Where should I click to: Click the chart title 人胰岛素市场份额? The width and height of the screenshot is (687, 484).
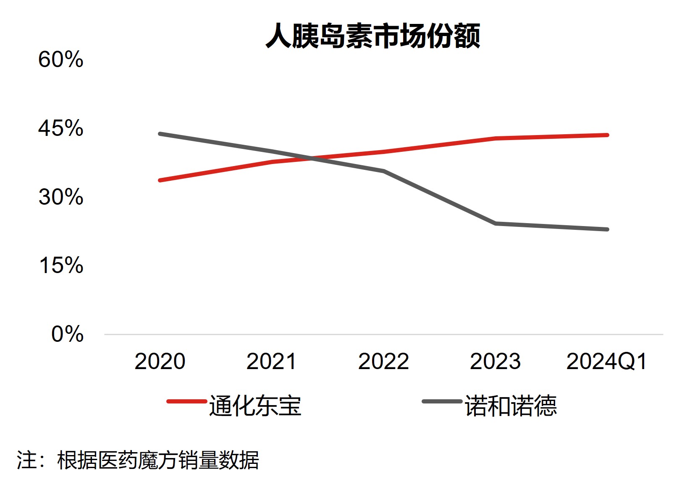pos(372,36)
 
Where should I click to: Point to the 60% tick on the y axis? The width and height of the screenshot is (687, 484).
pos(61,60)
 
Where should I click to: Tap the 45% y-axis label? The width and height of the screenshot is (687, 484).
pos(61,128)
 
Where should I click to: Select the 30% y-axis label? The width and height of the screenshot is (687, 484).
pos(61,197)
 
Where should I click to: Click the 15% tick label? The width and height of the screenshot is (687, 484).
pos(61,266)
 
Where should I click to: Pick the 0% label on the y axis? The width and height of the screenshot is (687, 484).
pos(67,335)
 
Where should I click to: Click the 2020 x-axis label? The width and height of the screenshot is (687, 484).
pos(160,362)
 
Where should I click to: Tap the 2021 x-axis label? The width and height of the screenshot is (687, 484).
pos(271,362)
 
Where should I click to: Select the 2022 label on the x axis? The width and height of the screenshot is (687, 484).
pos(383,362)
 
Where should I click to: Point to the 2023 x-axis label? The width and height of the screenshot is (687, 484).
pos(495,362)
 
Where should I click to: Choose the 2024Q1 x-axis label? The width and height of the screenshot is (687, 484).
pos(606,362)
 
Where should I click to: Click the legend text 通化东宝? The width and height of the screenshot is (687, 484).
pos(255,406)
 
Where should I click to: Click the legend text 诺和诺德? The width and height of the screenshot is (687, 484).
pos(511,406)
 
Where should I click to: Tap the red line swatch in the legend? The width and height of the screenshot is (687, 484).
pos(187,401)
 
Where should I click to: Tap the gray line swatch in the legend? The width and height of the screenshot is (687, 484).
pos(442,401)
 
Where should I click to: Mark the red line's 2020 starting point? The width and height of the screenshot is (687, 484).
pos(160,180)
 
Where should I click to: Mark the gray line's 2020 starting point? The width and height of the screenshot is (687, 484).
pos(160,134)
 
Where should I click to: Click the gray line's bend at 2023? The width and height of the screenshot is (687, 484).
pos(496,224)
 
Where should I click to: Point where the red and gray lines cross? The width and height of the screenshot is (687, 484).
pos(312,159)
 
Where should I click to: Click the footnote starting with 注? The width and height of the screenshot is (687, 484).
pos(138,461)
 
